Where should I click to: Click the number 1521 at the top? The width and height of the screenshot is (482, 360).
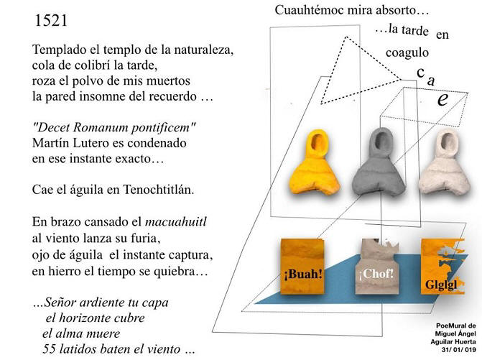coord(51,21)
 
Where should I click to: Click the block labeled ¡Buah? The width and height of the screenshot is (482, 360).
coord(303,267)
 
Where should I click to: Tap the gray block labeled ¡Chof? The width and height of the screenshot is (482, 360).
coord(376,267)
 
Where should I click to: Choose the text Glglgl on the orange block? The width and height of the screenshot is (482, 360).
coord(442,285)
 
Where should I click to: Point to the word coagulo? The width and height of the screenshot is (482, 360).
coord(407,52)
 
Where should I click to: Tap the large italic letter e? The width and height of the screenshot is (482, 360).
coord(442,99)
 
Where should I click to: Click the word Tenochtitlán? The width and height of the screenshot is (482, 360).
coord(159,190)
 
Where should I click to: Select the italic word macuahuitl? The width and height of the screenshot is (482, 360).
coord(176,221)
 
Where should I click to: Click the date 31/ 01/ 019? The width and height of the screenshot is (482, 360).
coord(458,350)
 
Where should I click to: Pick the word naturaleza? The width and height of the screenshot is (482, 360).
coord(203,50)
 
